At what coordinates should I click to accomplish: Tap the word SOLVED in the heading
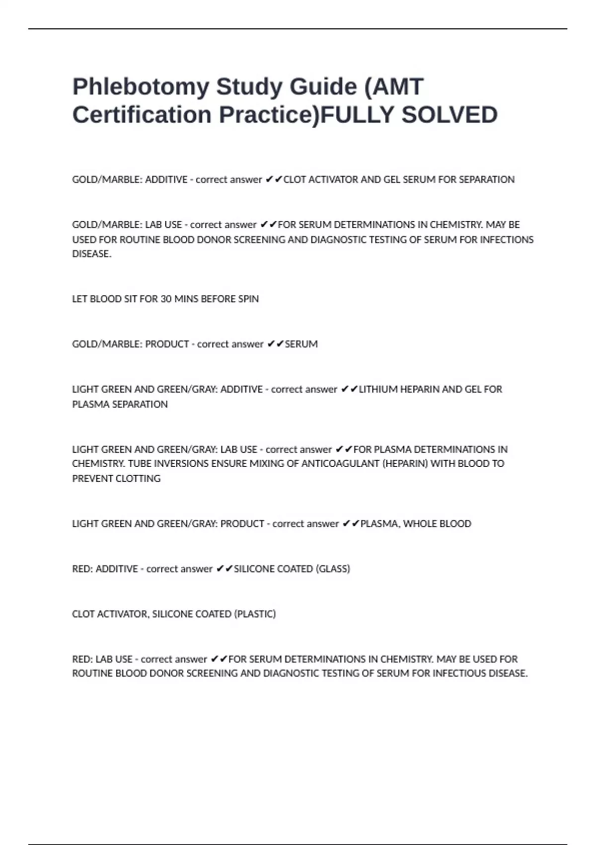[449, 115]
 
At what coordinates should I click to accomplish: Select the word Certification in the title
[142, 115]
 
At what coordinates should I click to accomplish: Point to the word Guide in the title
[323, 87]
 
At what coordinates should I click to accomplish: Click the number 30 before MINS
[166, 299]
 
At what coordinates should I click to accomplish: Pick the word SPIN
[248, 299]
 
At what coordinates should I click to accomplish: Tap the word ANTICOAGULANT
[339, 464]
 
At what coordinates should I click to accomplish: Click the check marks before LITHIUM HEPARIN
[349, 389]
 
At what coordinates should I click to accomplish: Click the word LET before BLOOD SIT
[79, 299]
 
